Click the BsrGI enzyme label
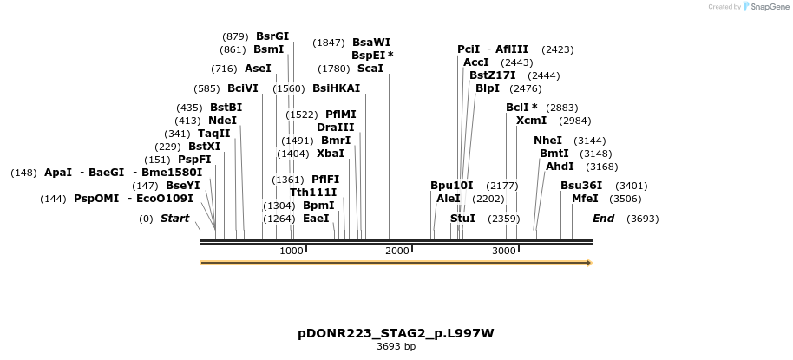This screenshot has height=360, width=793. pos(272,36)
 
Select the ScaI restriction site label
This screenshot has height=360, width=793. pos(370,68)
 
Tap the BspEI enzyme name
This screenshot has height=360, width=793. pos(368,55)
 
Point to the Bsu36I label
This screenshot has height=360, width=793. pos(581,186)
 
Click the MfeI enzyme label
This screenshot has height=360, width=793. pos(585,199)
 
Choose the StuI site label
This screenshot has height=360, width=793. pos(462,219)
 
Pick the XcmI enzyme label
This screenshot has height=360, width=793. pos(531,121)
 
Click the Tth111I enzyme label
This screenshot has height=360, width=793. pos(313,193)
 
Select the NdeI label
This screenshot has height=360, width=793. pos(222,121)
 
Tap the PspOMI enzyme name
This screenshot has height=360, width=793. pos(96,199)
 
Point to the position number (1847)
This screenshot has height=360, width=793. pos(329,43)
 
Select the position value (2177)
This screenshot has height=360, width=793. pos(502,186)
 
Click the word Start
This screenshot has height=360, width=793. pos(174,219)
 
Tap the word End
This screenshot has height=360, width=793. pos(603,219)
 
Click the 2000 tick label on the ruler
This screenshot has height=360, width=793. pos(397,251)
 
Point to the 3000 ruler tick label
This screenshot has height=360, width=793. pos(504,251)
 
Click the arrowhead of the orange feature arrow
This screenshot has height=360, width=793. pos(588,262)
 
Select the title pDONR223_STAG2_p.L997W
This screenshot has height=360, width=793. pos(396,333)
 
